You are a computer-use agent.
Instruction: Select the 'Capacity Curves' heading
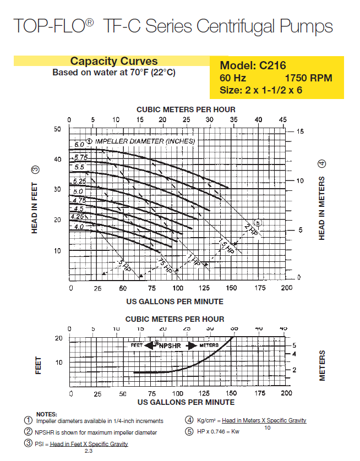point(114,61)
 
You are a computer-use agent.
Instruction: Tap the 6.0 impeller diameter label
point(79,144)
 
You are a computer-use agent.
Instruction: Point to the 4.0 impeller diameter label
point(79,227)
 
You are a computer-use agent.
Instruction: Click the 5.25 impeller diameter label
point(79,181)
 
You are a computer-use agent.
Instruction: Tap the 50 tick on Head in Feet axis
point(58,129)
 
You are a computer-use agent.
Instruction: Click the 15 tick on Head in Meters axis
point(300,131)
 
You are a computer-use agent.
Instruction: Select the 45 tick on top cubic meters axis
point(283,120)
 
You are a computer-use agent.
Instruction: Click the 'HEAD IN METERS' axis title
point(322,208)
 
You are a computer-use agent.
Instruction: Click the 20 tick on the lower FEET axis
point(58,338)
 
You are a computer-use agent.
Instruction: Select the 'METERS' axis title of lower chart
point(322,365)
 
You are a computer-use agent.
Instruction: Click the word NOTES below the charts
point(46,414)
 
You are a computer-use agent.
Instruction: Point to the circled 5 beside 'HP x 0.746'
point(189,431)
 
